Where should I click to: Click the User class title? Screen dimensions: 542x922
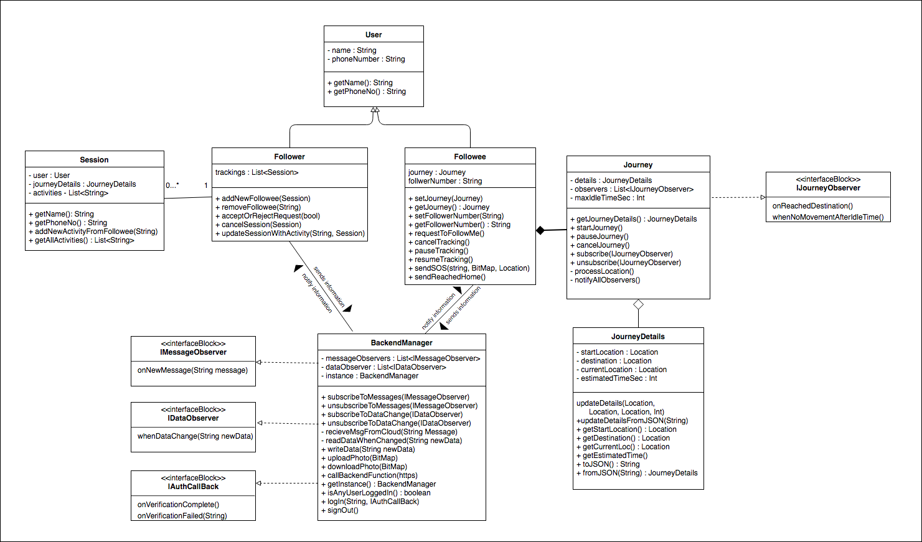pos(374,35)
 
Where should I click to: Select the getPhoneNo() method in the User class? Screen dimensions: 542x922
pos(369,91)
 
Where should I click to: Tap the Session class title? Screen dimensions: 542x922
pos(94,160)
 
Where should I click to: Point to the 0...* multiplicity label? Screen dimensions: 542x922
pos(172,185)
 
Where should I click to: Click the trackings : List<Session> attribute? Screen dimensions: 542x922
pos(256,172)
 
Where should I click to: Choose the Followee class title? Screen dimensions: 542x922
pos(469,157)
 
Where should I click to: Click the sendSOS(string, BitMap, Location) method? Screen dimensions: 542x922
pos(472,268)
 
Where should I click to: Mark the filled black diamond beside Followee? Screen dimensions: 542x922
pos(540,230)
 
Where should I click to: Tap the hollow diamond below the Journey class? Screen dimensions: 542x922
pos(638,304)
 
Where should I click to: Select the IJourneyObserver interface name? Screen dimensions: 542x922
pos(828,188)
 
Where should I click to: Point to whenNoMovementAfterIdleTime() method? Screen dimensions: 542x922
pos(828,217)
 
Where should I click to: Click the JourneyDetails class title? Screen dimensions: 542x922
pos(638,337)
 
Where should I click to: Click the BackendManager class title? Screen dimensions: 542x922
pos(402,343)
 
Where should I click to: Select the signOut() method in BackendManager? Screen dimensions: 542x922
pos(342,510)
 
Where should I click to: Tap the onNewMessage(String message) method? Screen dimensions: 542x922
pos(192,370)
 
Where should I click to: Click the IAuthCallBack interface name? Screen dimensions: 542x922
pos(193,487)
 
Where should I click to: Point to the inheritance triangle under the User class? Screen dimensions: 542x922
pos(375,110)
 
